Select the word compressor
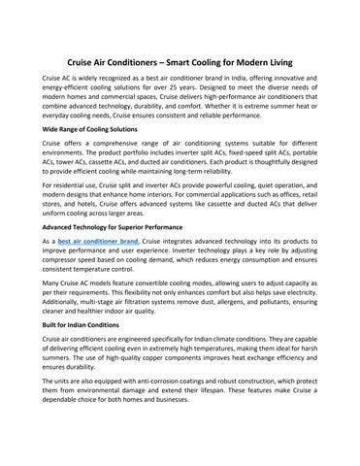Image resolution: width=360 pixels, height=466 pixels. (66, 261)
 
